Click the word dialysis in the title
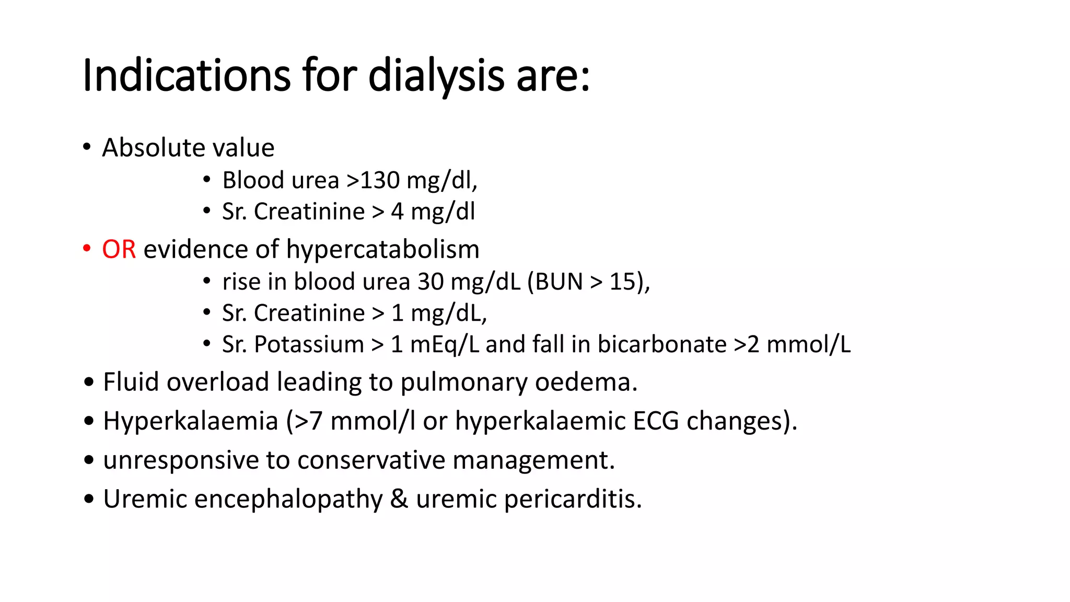pyautogui.click(x=436, y=76)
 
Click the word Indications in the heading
pyautogui.click(x=186, y=76)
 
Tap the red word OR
pyautogui.click(x=119, y=249)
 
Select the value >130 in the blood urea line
pyautogui.click(x=373, y=180)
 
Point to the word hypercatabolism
pyautogui.click(x=382, y=249)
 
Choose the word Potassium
pyautogui.click(x=309, y=344)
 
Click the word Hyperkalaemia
pyautogui.click(x=191, y=421)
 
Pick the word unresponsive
pyautogui.click(x=181, y=460)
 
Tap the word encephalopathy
pyautogui.click(x=288, y=499)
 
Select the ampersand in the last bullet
pyautogui.click(x=399, y=499)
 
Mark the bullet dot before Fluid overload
pyautogui.click(x=89, y=383)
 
